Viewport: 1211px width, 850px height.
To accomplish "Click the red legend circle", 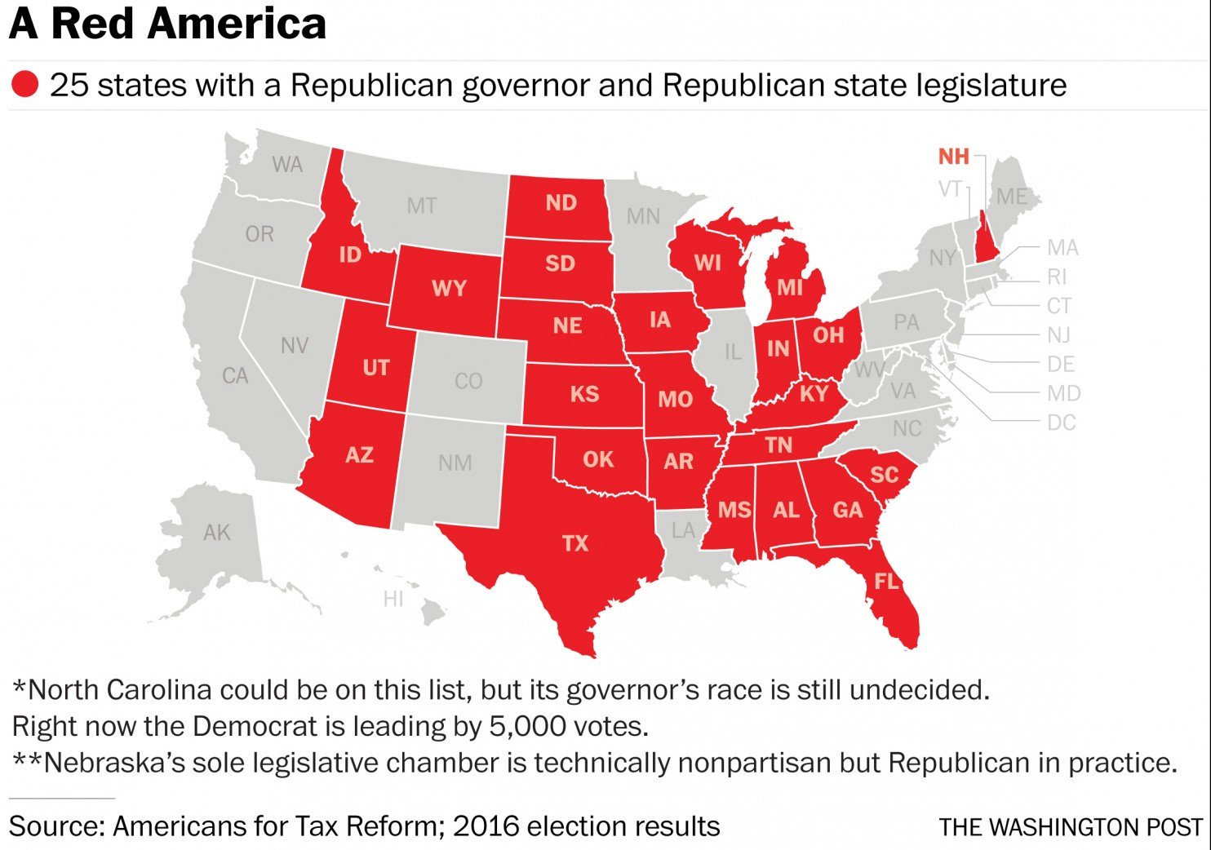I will point(24,84).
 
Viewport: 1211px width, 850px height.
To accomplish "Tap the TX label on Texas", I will point(574,543).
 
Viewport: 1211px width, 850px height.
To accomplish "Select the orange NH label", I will point(953,156).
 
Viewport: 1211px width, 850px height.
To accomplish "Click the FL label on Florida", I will point(886,581).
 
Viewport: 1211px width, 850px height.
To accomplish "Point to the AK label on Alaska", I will point(216,533).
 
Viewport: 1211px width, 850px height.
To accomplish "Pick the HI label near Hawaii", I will point(393,599).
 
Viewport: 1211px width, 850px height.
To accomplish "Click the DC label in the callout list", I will point(1061,423).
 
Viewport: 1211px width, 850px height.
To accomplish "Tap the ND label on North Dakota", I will point(561,202).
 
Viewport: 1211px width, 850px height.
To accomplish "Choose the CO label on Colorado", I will point(468,381).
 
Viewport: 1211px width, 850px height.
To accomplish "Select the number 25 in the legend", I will point(69,85).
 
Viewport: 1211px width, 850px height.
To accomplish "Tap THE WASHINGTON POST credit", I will point(1071,826).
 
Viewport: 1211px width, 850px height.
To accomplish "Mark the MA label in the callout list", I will point(1062,247).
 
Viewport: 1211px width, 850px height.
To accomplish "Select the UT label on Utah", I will point(375,367).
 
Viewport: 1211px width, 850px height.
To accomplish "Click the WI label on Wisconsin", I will point(707,263).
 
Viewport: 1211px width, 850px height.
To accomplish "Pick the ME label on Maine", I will point(1012,197).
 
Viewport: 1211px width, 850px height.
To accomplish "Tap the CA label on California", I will point(235,376).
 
